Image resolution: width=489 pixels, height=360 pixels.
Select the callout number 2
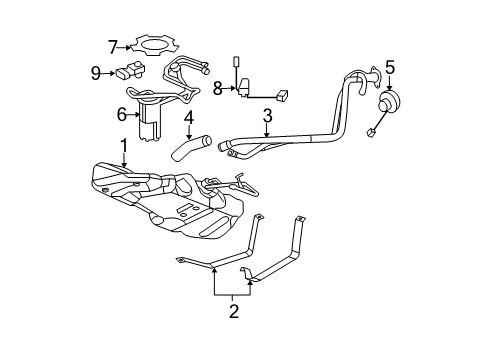point(233,312)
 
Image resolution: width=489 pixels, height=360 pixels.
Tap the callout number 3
point(267,118)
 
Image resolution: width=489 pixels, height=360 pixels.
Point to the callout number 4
point(188,118)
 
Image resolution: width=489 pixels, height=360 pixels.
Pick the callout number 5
point(390,68)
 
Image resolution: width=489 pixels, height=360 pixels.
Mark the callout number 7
point(113,45)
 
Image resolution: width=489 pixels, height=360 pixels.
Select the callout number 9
point(96,72)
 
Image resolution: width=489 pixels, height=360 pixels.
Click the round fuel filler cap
point(388,106)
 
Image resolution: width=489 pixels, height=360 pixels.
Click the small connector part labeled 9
point(129,73)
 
